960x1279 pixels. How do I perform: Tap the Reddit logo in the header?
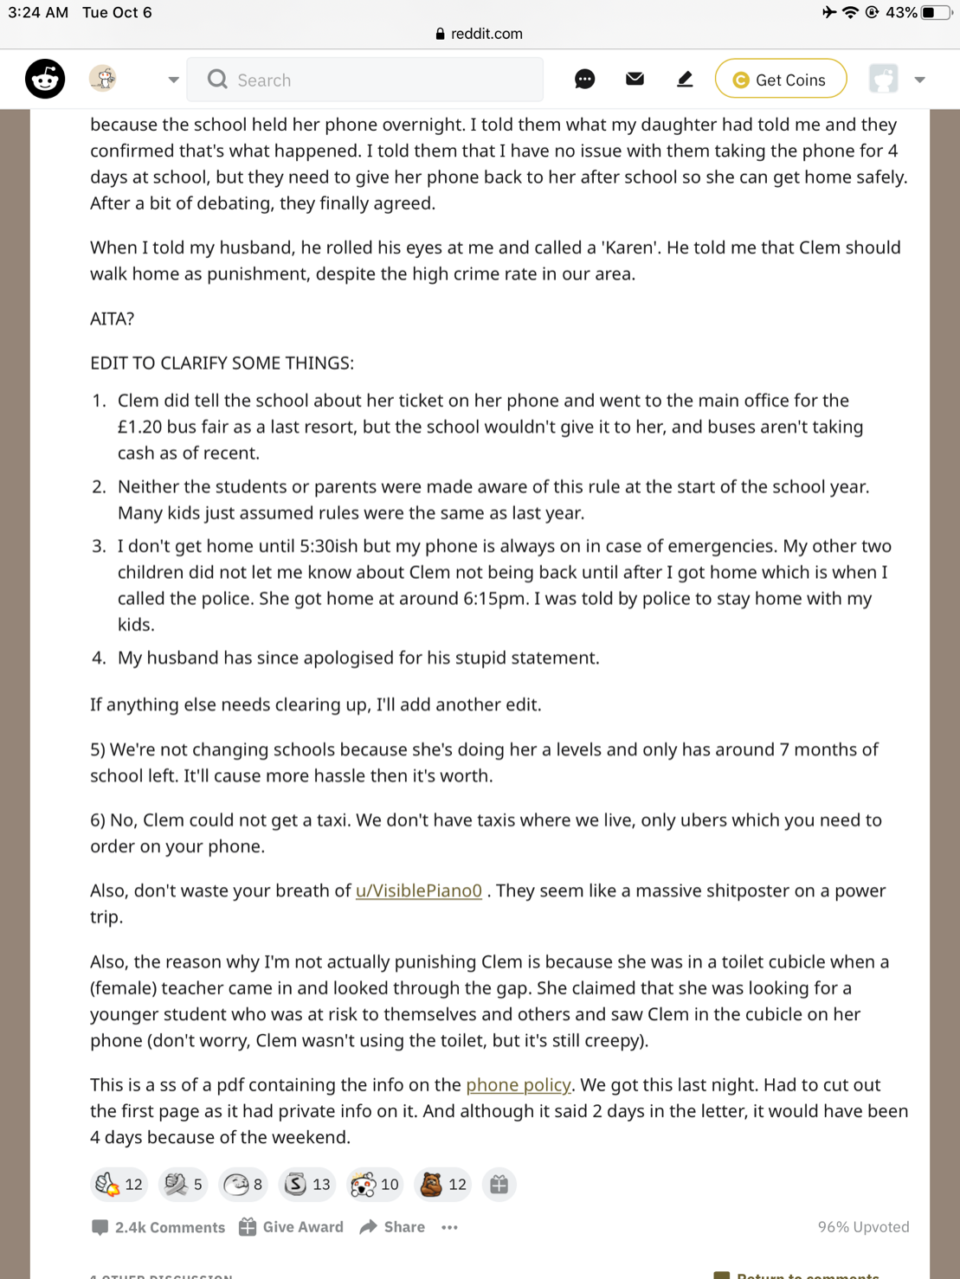coord(45,80)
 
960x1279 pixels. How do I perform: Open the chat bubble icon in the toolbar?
coord(584,80)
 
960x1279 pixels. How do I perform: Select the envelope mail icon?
coord(635,80)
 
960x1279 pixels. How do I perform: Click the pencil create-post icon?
coord(685,80)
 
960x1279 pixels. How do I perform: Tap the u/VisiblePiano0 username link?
coord(418,890)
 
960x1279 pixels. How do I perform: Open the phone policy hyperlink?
coord(518,1084)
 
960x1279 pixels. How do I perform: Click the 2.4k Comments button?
coord(158,1227)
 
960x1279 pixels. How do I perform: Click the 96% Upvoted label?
coord(863,1227)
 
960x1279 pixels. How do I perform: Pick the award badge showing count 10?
coord(375,1184)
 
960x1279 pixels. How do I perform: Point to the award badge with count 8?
coord(242,1184)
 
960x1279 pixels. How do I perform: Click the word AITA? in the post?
coord(112,318)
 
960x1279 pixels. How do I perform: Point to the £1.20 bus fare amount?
coord(143,427)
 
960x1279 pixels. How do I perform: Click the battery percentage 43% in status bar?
coord(900,12)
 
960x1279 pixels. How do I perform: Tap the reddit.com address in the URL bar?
coord(486,34)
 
